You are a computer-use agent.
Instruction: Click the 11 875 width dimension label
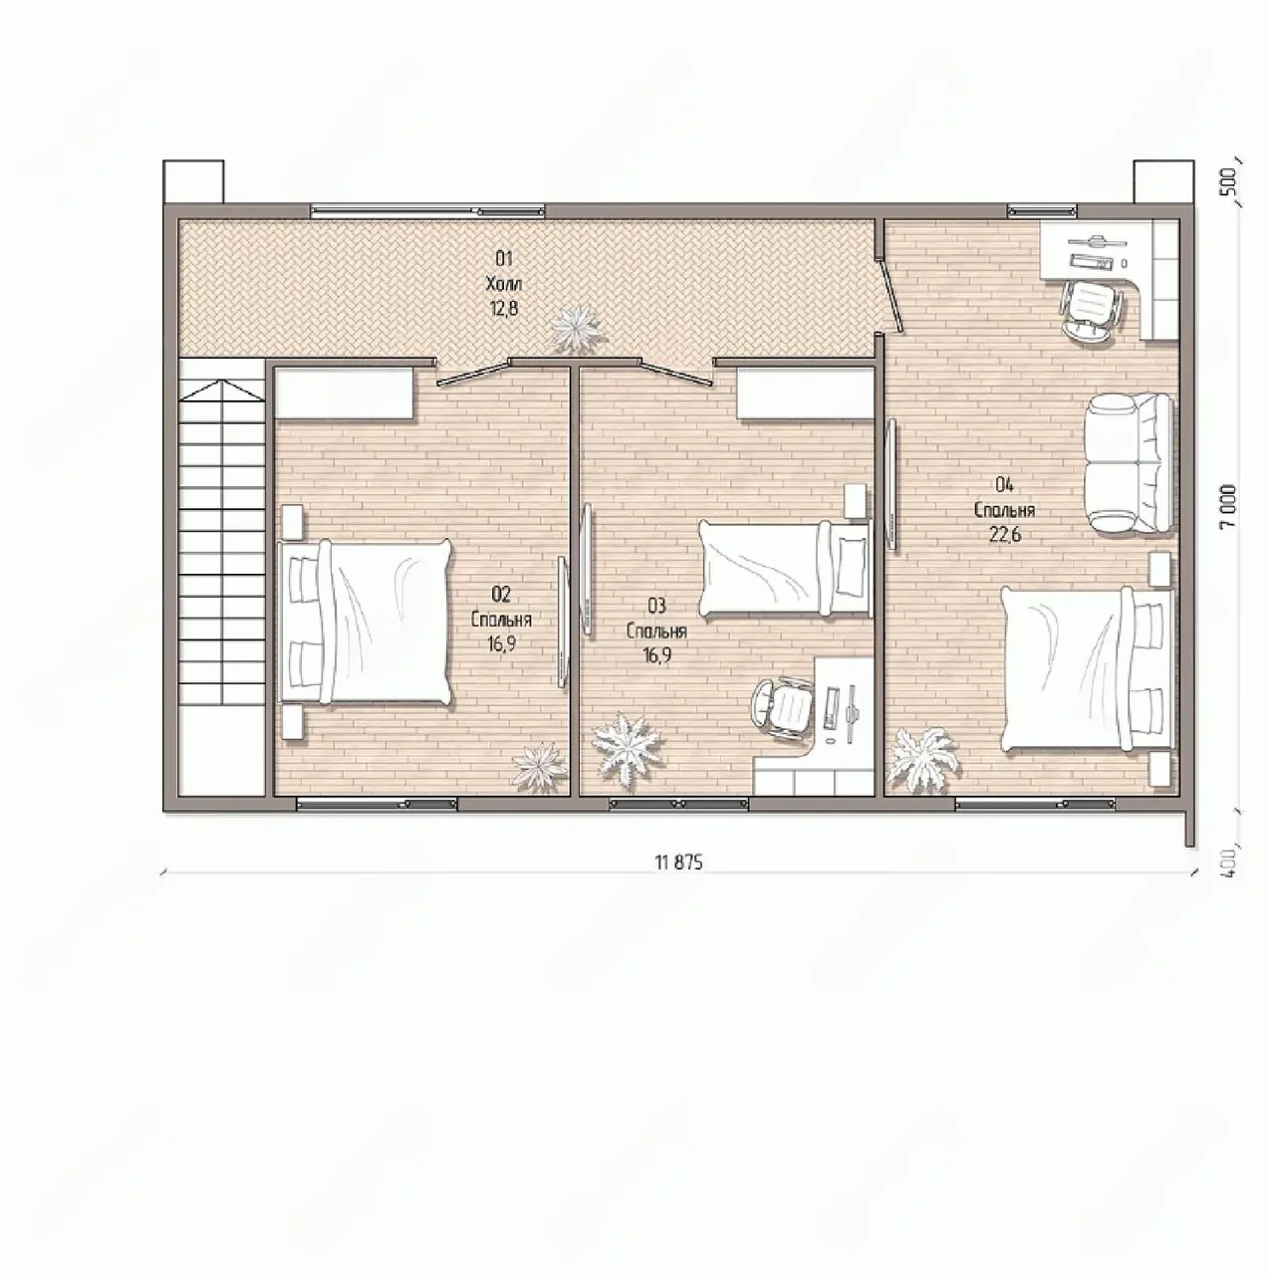click(x=678, y=863)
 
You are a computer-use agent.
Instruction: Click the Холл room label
click(x=504, y=285)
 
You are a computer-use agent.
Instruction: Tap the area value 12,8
click(x=504, y=309)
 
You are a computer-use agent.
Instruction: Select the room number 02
click(x=501, y=595)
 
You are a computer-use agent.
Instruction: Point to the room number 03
click(x=657, y=606)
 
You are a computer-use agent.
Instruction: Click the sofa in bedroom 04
click(x=1130, y=463)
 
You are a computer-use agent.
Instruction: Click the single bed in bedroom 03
click(x=785, y=569)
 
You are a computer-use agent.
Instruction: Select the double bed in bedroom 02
click(x=365, y=622)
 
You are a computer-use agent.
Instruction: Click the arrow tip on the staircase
click(x=222, y=382)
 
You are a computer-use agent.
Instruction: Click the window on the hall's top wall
click(x=428, y=212)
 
